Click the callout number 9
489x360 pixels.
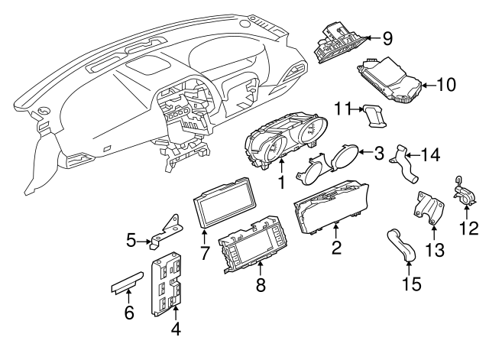(x=387, y=39)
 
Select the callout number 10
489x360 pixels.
(x=446, y=85)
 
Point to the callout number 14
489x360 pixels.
(x=430, y=154)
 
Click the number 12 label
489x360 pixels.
(x=468, y=228)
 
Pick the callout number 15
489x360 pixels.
(x=412, y=284)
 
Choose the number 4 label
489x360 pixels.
(x=176, y=329)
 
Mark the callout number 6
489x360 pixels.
(x=129, y=313)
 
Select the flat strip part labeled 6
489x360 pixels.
(x=128, y=283)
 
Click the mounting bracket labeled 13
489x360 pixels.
(x=429, y=208)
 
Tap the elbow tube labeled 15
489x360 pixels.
(x=401, y=245)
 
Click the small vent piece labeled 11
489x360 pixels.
(x=375, y=115)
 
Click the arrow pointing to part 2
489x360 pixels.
(x=336, y=231)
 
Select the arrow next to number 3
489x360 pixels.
(x=365, y=152)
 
